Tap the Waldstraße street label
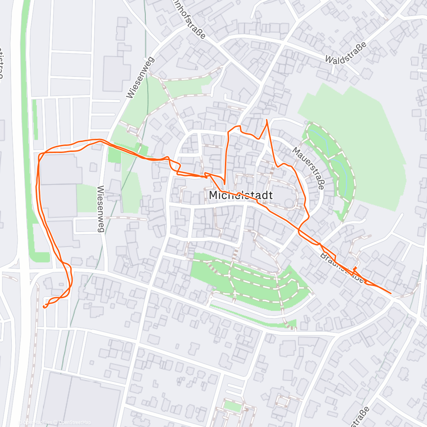(x=346, y=52)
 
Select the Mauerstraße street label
(x=308, y=168)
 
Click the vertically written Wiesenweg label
(x=101, y=209)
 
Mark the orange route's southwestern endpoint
(x=44, y=306)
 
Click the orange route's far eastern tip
(x=391, y=293)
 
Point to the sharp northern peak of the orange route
(x=267, y=120)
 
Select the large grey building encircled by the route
(x=59, y=185)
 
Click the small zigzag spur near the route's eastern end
(x=355, y=268)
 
